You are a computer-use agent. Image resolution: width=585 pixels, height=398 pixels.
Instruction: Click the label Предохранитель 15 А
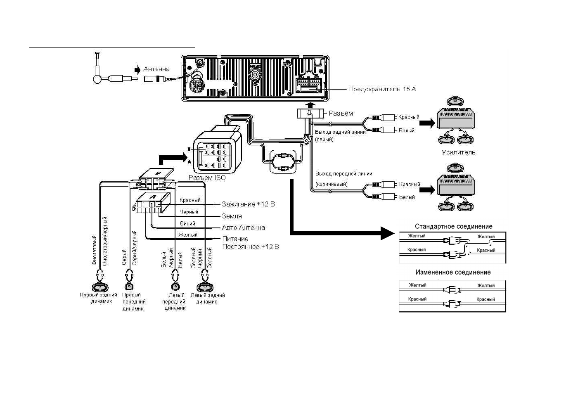(382, 89)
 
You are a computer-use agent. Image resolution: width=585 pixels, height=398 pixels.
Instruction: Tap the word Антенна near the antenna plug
(156, 69)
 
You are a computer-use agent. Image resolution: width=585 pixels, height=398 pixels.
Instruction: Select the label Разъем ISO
(207, 178)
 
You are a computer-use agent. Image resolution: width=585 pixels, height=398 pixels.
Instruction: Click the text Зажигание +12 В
(248, 204)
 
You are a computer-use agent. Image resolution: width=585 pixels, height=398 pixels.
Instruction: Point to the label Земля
(232, 216)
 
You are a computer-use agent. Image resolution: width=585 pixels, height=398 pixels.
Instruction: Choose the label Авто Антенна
(244, 227)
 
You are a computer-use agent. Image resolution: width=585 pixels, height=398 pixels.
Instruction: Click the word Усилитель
(458, 152)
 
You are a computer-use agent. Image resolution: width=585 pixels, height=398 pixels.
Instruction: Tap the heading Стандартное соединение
(453, 227)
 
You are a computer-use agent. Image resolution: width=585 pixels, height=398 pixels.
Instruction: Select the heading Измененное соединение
(453, 272)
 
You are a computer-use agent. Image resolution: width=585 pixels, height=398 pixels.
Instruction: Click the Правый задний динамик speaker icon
(99, 287)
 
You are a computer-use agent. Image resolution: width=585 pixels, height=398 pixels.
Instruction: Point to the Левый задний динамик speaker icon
(205, 287)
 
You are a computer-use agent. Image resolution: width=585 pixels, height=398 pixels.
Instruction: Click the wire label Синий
(187, 223)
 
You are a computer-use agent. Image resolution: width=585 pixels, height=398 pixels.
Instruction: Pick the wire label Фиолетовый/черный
(105, 241)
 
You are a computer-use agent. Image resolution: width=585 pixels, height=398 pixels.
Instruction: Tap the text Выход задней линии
(340, 132)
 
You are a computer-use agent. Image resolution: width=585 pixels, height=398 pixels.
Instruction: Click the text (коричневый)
(332, 184)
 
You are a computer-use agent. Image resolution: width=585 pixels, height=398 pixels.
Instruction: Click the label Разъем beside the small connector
(341, 113)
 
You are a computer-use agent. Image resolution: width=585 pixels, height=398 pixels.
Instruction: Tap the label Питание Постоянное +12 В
(250, 243)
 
